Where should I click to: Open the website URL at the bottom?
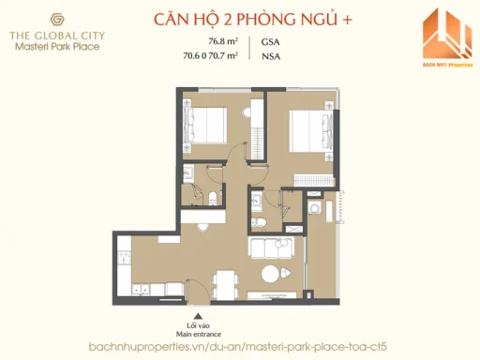point(240,347)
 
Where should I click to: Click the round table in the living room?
point(271,276)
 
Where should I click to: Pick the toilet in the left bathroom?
point(214,197)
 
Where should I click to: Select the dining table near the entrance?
point(221,281)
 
